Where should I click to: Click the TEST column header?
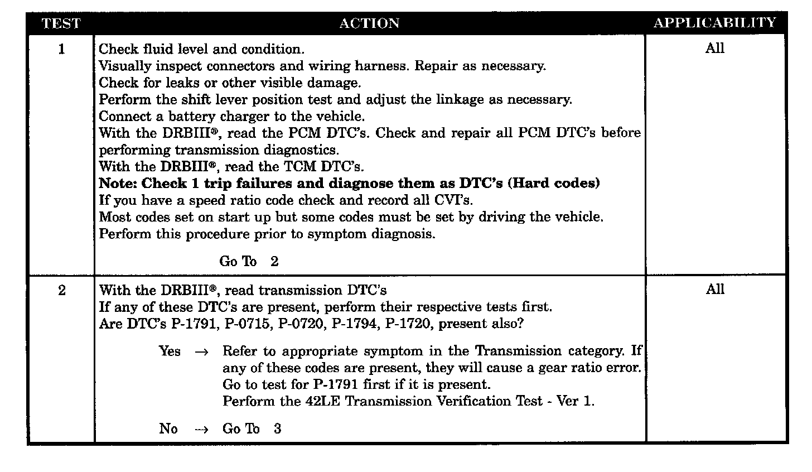61,23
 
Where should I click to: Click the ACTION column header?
369,23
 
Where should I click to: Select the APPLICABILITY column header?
714,23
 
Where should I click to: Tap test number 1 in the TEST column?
61,49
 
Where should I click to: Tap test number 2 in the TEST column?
61,290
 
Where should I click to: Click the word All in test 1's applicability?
714,49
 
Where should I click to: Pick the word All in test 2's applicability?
714,290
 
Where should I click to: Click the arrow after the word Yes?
202,352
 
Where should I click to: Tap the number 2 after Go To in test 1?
274,262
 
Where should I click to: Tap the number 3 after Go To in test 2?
277,429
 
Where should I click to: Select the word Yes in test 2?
170,351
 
